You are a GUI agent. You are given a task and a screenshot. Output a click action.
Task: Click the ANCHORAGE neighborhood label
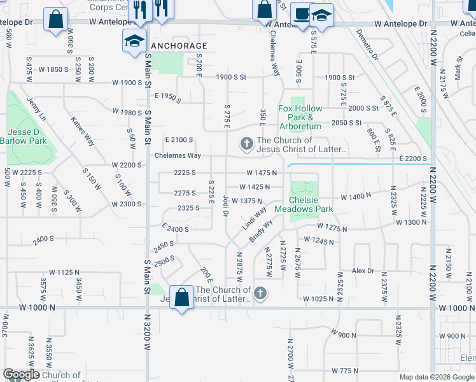coord(179,46)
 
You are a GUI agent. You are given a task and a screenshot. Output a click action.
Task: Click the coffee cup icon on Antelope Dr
coord(300,13)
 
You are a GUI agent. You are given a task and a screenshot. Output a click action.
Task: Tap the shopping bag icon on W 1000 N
coord(182,297)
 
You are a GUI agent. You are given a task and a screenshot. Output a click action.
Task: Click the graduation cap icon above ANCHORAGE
coord(134,41)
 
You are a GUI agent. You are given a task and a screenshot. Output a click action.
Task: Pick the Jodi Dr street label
coord(226,206)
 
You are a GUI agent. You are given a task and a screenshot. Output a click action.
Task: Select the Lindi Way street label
coord(255,219)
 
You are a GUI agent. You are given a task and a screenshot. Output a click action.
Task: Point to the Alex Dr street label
coord(363,271)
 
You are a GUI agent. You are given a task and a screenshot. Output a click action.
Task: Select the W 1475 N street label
coord(262,173)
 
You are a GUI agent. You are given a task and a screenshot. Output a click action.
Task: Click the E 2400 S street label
coord(176,228)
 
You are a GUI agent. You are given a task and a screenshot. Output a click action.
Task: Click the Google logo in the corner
coord(21,375)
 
